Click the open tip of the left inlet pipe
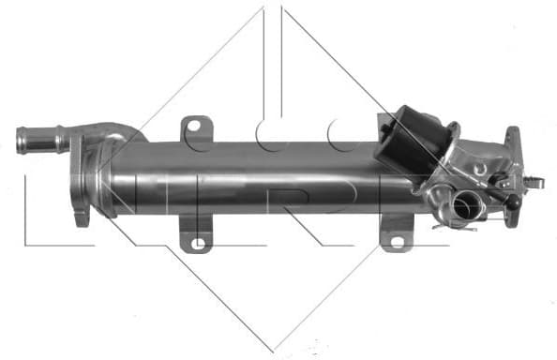(20, 142)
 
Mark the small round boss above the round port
(480, 169)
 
